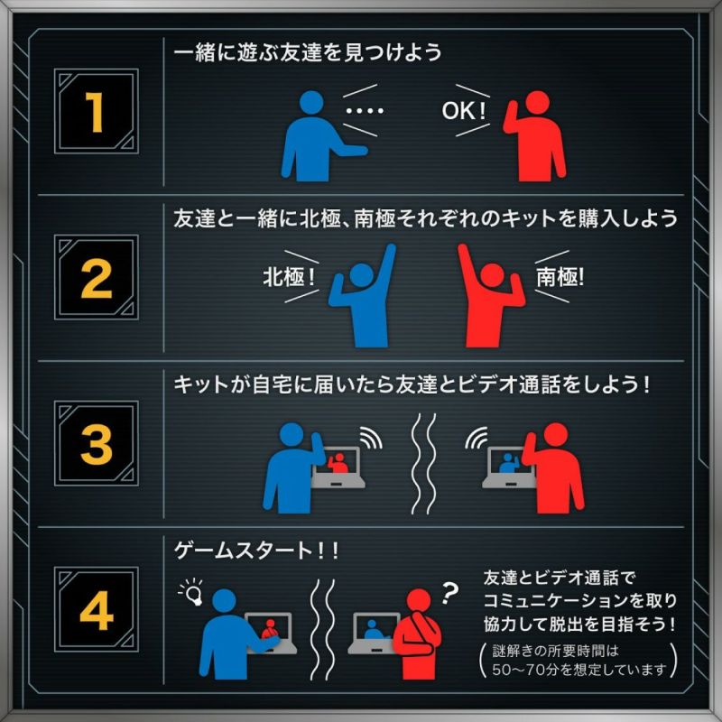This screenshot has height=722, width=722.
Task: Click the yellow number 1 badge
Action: point(97,111)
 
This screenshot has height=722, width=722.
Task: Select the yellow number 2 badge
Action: point(97,277)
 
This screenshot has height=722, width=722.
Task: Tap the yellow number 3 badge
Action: point(97,443)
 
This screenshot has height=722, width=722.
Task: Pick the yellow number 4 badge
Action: point(97,609)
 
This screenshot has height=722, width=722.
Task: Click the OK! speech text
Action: point(463,111)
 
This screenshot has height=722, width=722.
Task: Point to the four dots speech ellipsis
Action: point(365,111)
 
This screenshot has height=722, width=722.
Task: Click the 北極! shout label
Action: point(289,277)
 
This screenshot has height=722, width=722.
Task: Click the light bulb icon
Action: point(192,592)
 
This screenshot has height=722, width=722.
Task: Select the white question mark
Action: point(449,593)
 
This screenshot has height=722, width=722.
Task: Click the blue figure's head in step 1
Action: point(311,102)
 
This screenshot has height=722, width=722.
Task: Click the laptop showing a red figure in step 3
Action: point(339,467)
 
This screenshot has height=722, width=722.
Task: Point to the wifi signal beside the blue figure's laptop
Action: point(371,438)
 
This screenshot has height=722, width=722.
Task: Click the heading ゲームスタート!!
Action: point(256,551)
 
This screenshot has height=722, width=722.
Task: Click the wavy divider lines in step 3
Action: point(423,464)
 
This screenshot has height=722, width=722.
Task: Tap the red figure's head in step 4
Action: point(419,601)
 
